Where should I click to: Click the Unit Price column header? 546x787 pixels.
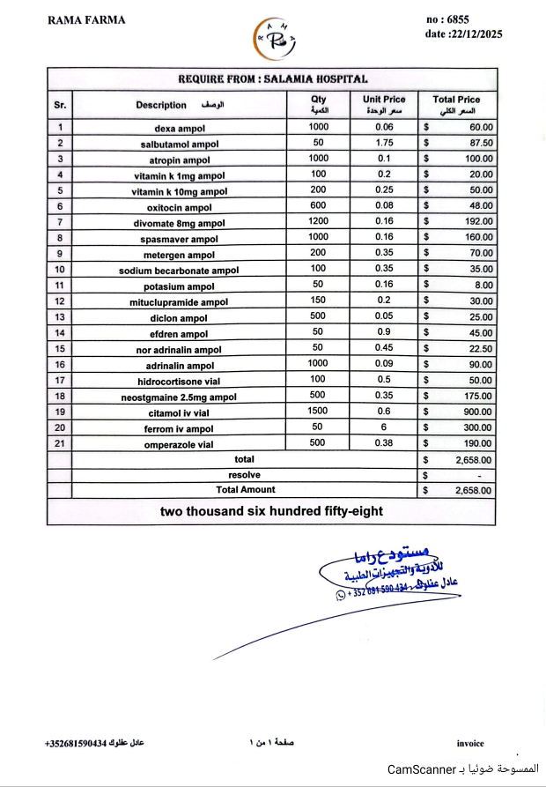click(x=384, y=104)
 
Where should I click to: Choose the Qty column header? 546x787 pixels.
click(x=318, y=104)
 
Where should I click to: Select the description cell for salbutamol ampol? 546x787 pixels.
click(x=180, y=144)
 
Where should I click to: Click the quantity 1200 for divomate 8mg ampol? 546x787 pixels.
click(x=318, y=222)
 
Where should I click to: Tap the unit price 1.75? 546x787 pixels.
click(x=384, y=143)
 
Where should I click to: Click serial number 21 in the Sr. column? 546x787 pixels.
click(x=60, y=443)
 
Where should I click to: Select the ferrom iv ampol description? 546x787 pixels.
click(x=180, y=428)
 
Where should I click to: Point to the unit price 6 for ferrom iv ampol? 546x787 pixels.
click(x=384, y=427)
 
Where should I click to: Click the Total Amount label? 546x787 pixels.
click(x=246, y=490)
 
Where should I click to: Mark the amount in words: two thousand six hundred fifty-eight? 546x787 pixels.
click(x=271, y=511)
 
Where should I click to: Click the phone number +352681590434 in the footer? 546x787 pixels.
click(x=75, y=744)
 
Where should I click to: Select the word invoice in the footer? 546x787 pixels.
click(x=470, y=744)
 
